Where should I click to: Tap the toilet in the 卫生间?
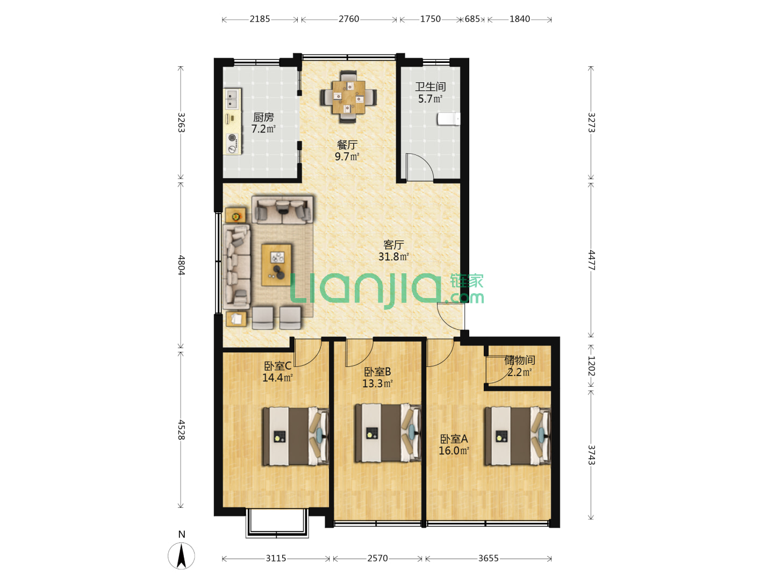(x=448, y=119)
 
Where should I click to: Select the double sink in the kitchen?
(x=232, y=99)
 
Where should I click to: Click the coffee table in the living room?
(x=276, y=265)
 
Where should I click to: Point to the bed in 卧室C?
(x=296, y=436)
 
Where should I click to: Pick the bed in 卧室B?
(x=388, y=433)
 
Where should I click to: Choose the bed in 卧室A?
(x=517, y=436)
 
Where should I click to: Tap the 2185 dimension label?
(x=260, y=19)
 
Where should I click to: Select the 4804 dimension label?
(x=181, y=265)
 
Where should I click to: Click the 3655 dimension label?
(x=489, y=558)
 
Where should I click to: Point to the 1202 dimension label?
(x=591, y=366)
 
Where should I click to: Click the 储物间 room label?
(x=520, y=360)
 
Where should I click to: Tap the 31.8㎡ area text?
(x=393, y=257)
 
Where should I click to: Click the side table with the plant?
(x=235, y=215)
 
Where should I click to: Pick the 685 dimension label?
(x=472, y=19)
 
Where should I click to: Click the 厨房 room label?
(x=263, y=117)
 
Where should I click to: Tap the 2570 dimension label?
(x=377, y=558)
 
